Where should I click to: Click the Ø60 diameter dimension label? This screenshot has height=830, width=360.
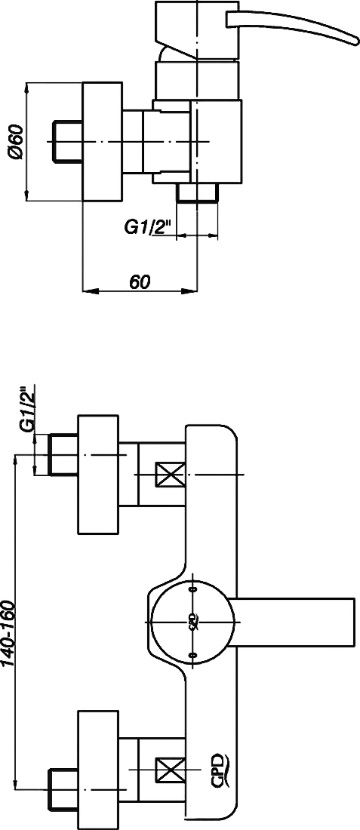point(15,141)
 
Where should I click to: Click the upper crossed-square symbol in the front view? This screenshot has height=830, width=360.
point(170,475)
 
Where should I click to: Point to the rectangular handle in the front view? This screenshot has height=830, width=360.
point(294,622)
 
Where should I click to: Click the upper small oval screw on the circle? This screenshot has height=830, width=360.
point(192,589)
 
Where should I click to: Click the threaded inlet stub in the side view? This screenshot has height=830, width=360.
point(67,141)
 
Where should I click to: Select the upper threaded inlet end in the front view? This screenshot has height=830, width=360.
point(63,454)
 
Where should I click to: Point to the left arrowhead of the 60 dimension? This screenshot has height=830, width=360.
point(90,290)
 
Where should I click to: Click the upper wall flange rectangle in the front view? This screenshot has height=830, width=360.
point(98,475)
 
